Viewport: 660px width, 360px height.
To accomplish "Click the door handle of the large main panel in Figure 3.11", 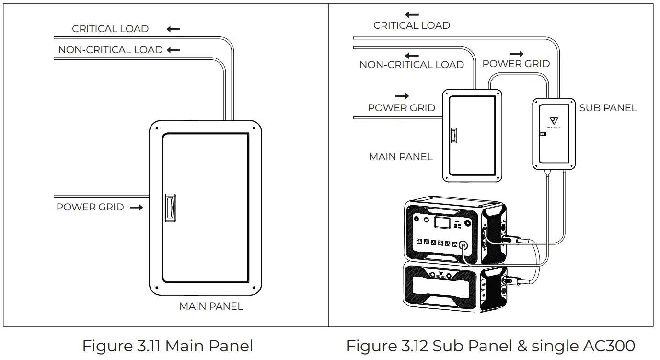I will (x=170, y=207).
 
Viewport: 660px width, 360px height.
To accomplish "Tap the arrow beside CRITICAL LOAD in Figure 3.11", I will (x=174, y=29).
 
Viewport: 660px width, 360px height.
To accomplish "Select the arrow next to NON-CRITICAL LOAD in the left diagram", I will (x=174, y=50).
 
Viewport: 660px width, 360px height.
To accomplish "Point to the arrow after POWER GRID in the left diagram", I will (x=136, y=208).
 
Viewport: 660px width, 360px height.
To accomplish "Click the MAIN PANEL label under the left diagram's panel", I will (x=211, y=306).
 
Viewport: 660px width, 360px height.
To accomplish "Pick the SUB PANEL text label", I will (x=608, y=108).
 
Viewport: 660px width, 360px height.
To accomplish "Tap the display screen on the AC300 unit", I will (x=441, y=222).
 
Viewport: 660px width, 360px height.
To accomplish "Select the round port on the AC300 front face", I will (x=463, y=244).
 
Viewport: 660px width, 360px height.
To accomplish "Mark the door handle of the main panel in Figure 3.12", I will (x=453, y=136).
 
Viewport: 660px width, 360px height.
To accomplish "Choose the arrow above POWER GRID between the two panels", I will (x=516, y=54).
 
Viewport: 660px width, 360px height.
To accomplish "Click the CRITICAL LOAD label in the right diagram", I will (x=412, y=26).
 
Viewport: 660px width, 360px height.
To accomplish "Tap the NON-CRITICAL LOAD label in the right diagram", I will (x=412, y=65).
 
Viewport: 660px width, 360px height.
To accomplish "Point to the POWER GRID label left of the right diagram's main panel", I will (x=401, y=108).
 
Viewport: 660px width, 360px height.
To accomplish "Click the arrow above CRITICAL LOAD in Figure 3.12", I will (x=412, y=15).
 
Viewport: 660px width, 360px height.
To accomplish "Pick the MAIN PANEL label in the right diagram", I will (x=401, y=157).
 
